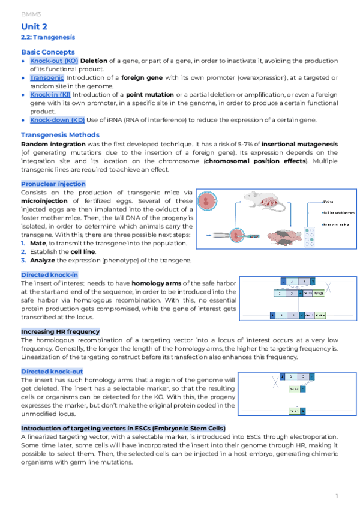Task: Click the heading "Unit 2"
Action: pos(34,27)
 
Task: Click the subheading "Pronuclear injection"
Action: pos(53,184)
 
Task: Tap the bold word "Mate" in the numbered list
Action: pos(38,243)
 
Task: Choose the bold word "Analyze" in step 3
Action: pos(44,260)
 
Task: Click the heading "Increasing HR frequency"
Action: pos(60,331)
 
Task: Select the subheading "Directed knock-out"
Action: pos(52,372)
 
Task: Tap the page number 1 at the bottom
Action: pos(337,496)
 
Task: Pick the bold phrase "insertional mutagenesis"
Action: pos(301,145)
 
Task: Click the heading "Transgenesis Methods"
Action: pos(60,135)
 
